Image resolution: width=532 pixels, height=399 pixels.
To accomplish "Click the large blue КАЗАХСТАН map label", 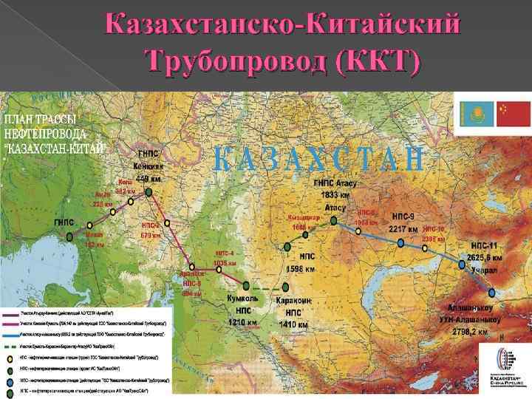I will pyautogui.click(x=318, y=159).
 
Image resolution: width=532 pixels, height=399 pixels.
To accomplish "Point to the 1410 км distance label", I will pyautogui.click(x=292, y=323).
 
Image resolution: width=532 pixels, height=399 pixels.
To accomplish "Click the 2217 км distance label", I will pyautogui.click(x=405, y=230).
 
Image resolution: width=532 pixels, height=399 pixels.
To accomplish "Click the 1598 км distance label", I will pyautogui.click(x=301, y=268).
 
